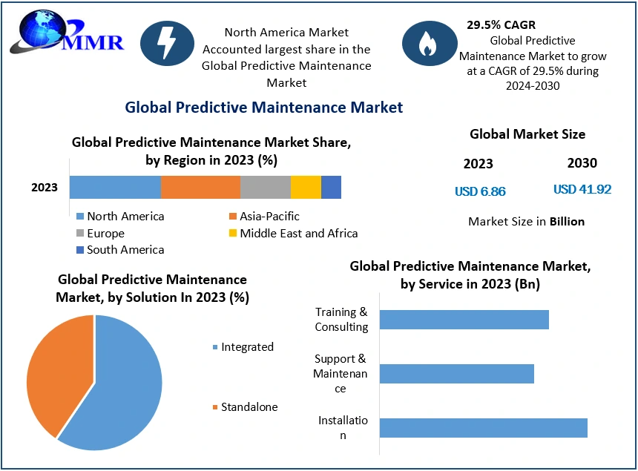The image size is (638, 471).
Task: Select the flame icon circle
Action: click(x=428, y=44)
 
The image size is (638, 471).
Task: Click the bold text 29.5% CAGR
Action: click(x=501, y=25)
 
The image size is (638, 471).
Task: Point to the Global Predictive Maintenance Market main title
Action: click(x=263, y=108)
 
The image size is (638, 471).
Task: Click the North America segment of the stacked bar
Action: click(x=115, y=187)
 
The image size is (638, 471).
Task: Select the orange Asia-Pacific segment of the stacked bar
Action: click(x=200, y=187)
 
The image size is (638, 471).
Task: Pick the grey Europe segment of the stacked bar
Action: click(x=265, y=187)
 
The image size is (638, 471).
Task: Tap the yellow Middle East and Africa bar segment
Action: click(x=306, y=187)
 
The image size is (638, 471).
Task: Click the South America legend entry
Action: click(x=119, y=250)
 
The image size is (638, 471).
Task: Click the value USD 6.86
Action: click(x=480, y=191)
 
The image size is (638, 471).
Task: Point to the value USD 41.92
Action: click(x=582, y=189)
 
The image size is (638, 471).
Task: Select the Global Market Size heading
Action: click(x=527, y=134)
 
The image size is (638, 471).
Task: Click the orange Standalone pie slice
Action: click(x=56, y=371)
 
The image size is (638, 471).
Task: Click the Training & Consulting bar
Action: click(x=464, y=320)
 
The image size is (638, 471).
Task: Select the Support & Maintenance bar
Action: click(x=456, y=374)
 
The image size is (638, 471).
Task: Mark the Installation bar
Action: click(x=483, y=428)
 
